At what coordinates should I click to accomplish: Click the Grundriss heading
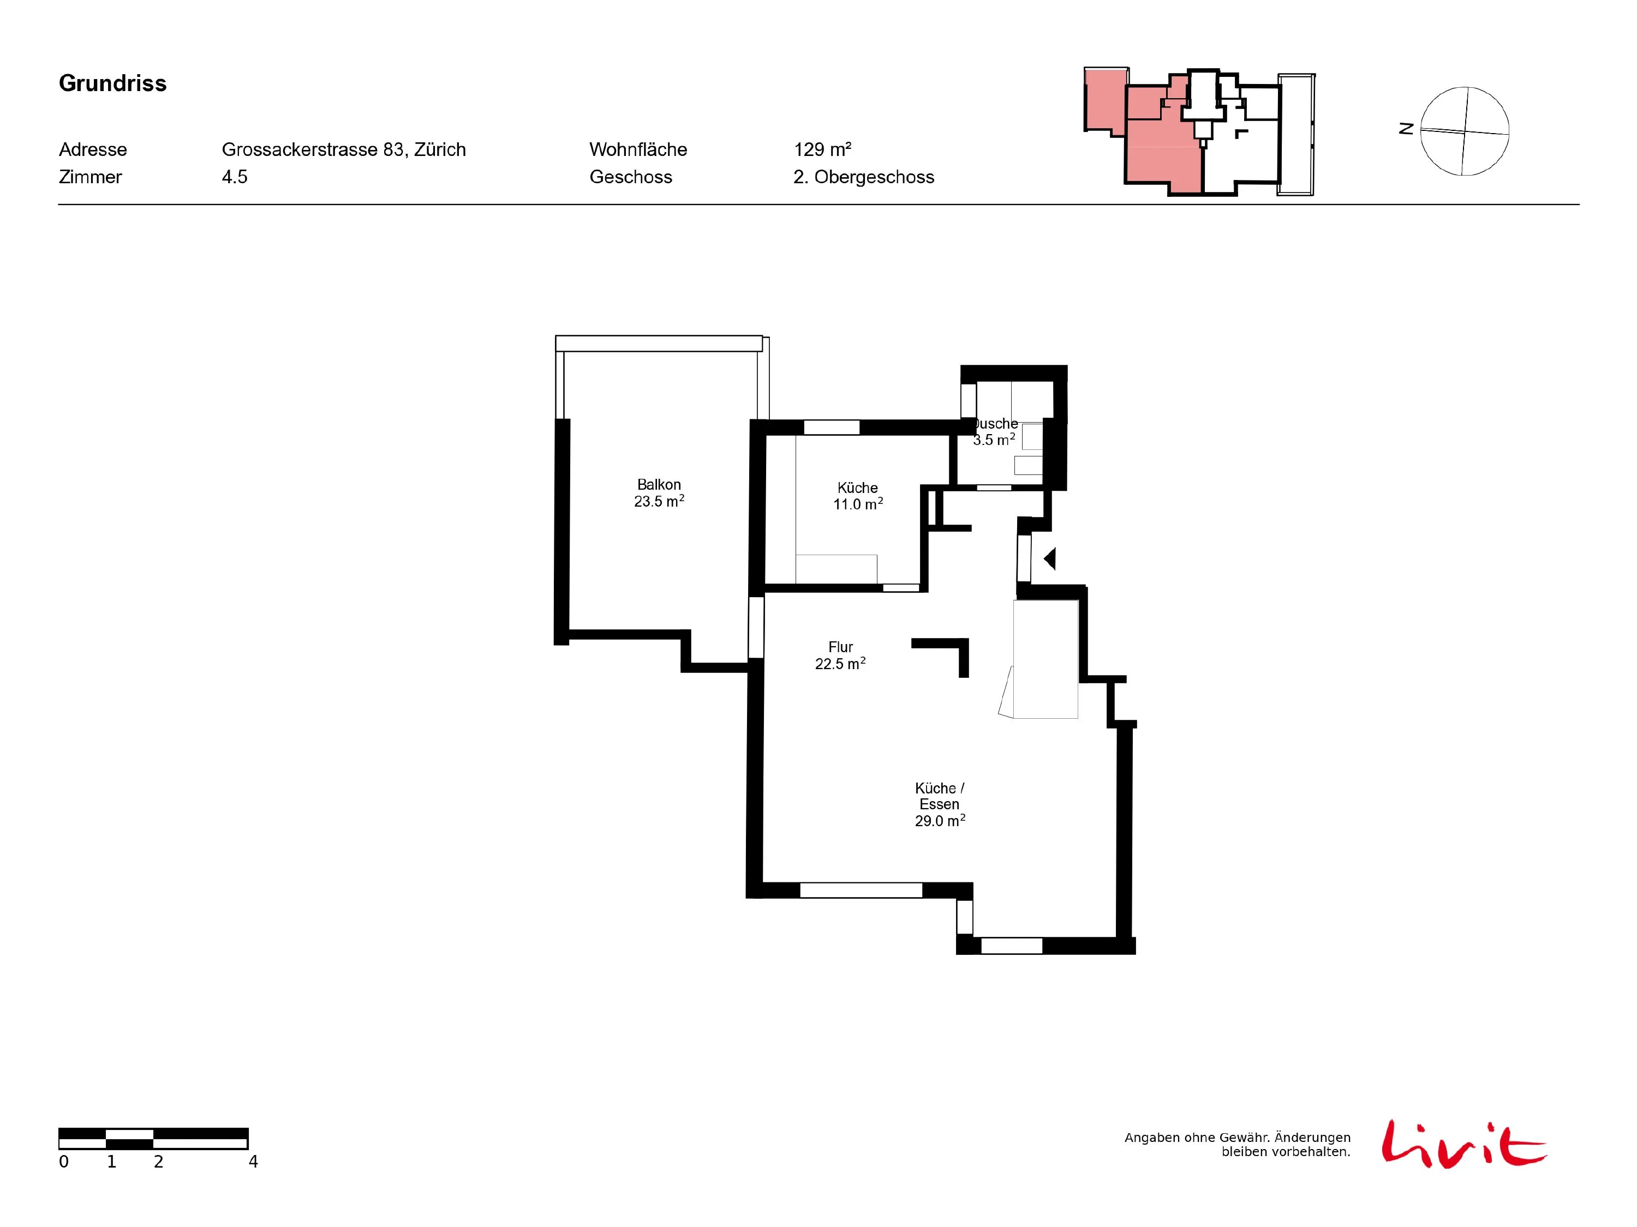112,83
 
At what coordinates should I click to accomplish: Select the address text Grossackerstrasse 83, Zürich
343,149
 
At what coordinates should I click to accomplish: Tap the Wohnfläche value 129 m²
822,149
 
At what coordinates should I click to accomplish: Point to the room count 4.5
235,177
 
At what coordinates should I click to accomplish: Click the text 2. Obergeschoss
864,177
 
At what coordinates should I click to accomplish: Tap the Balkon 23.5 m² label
659,492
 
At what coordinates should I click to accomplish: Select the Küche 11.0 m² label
858,496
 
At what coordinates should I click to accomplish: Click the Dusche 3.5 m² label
995,431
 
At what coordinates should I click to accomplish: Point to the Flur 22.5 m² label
840,655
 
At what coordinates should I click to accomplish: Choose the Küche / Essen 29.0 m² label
940,804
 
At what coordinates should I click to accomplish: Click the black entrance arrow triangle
1050,558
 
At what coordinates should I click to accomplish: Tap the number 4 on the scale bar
253,1162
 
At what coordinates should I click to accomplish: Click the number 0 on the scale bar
64,1162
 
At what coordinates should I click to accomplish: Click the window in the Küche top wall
831,428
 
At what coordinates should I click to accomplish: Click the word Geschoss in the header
631,177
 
